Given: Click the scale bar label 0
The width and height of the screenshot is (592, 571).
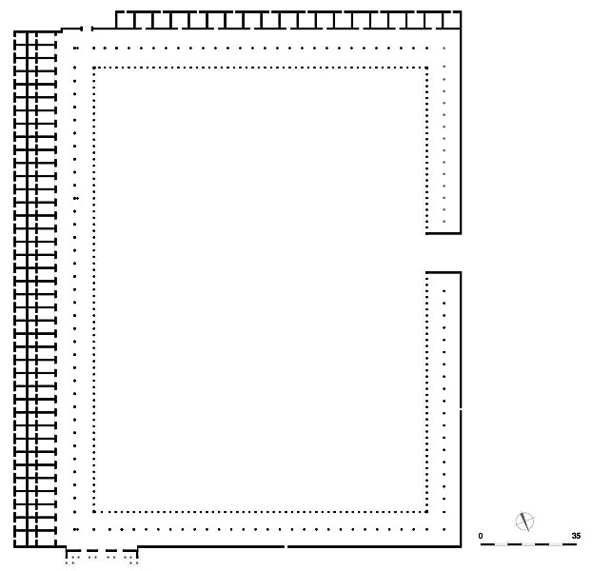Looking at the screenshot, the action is [x=481, y=536].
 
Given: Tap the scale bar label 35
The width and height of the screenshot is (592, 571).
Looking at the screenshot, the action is [x=576, y=536].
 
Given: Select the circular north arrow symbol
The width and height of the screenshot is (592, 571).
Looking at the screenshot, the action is [x=524, y=522].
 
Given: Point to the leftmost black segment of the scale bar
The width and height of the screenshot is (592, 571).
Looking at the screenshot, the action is [x=487, y=544].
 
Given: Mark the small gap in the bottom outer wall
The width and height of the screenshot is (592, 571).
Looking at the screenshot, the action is [x=286, y=546].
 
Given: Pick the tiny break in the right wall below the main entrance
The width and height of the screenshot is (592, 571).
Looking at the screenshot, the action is [x=461, y=409].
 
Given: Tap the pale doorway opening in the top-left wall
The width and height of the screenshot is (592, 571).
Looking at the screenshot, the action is [x=87, y=29].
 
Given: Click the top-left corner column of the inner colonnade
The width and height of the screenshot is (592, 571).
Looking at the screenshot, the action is [x=94, y=68].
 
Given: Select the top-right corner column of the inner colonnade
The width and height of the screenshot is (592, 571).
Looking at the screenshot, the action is [x=426, y=68].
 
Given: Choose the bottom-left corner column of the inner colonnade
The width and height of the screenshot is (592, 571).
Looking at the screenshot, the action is [x=94, y=512].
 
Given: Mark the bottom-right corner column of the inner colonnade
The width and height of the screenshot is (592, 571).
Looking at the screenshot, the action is [x=426, y=512].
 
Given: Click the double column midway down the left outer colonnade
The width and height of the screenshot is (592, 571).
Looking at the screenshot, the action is [x=76, y=198].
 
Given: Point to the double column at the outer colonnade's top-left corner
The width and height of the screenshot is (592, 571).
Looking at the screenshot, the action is [x=76, y=48].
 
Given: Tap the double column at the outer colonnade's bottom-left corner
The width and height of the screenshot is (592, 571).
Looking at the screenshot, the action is [x=76, y=529].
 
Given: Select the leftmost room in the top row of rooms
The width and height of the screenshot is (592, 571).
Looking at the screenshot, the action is [x=125, y=20].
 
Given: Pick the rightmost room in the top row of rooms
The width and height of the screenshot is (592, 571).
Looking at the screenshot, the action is [x=451, y=20].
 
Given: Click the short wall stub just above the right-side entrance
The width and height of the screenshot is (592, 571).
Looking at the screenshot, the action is [x=444, y=233].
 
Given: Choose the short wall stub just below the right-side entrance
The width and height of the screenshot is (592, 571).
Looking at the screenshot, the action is [x=444, y=272].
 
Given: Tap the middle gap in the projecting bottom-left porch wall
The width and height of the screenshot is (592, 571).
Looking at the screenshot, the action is [x=101, y=551].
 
